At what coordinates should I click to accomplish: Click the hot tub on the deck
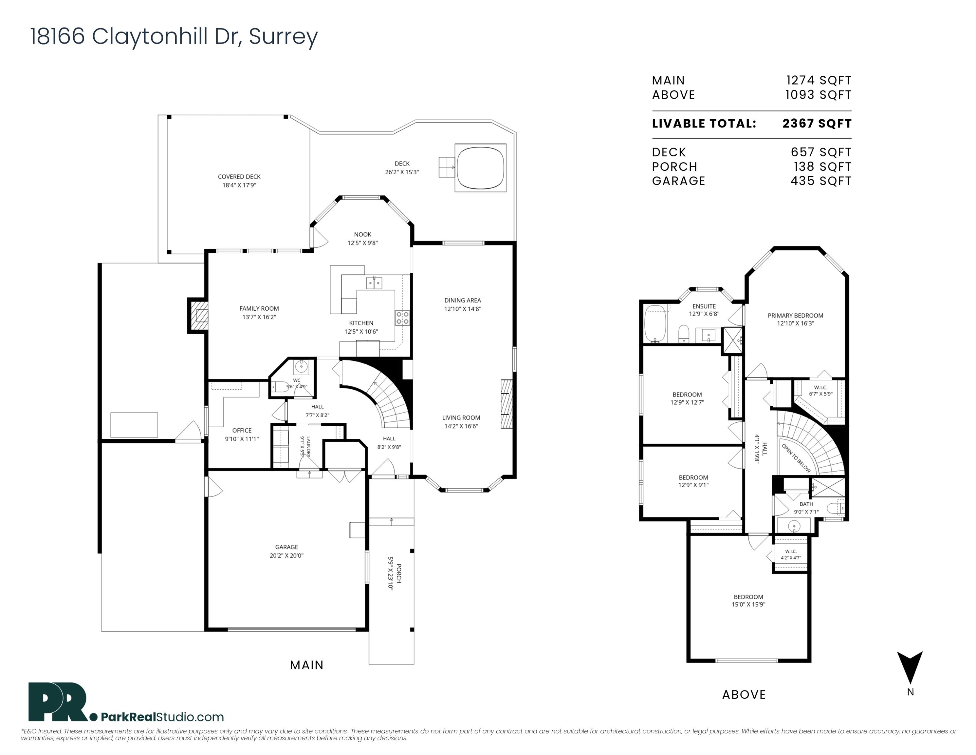(480, 168)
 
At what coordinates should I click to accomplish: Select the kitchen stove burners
(402, 318)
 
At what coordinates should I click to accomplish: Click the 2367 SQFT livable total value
(817, 124)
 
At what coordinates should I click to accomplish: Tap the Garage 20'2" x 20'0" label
(286, 551)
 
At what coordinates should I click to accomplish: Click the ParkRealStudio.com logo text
(162, 717)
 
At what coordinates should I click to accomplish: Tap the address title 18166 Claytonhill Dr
(136, 36)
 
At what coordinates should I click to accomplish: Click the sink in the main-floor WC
(301, 367)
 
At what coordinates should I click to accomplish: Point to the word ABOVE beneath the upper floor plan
(744, 695)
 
